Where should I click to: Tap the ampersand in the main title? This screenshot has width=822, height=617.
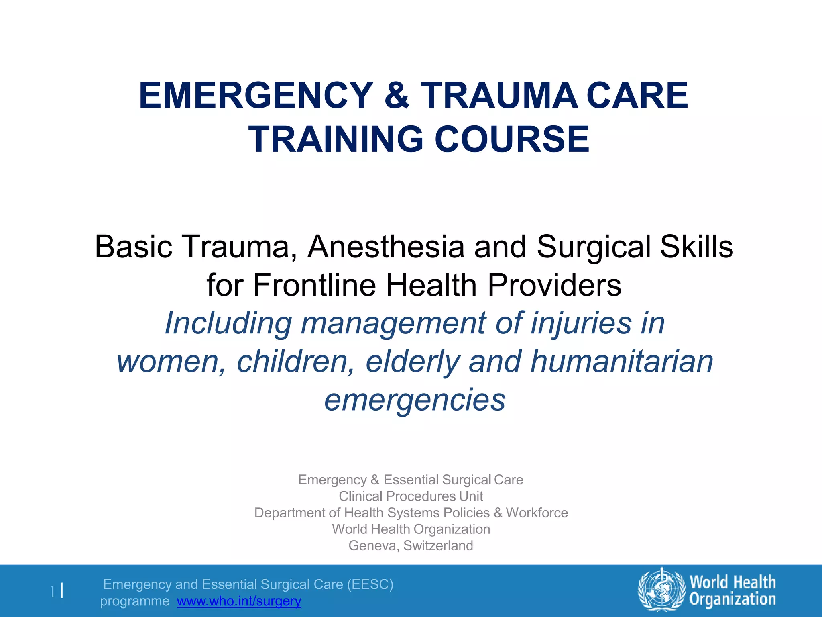[397, 96]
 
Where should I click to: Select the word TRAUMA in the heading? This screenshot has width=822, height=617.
[499, 96]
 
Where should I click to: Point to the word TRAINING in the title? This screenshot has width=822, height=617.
[336, 139]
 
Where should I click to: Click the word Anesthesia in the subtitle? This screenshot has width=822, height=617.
[386, 247]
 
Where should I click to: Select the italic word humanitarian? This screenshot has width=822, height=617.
[622, 361]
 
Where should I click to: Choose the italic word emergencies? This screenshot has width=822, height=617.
[415, 400]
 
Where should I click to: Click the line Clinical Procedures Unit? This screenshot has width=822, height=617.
[411, 496]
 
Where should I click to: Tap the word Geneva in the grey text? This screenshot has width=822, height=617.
[373, 545]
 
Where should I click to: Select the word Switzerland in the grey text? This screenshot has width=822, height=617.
[438, 545]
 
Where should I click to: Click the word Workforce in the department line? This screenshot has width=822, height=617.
[537, 513]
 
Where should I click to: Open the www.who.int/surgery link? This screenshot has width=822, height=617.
[239, 601]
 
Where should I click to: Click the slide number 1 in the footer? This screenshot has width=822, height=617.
[52, 592]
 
